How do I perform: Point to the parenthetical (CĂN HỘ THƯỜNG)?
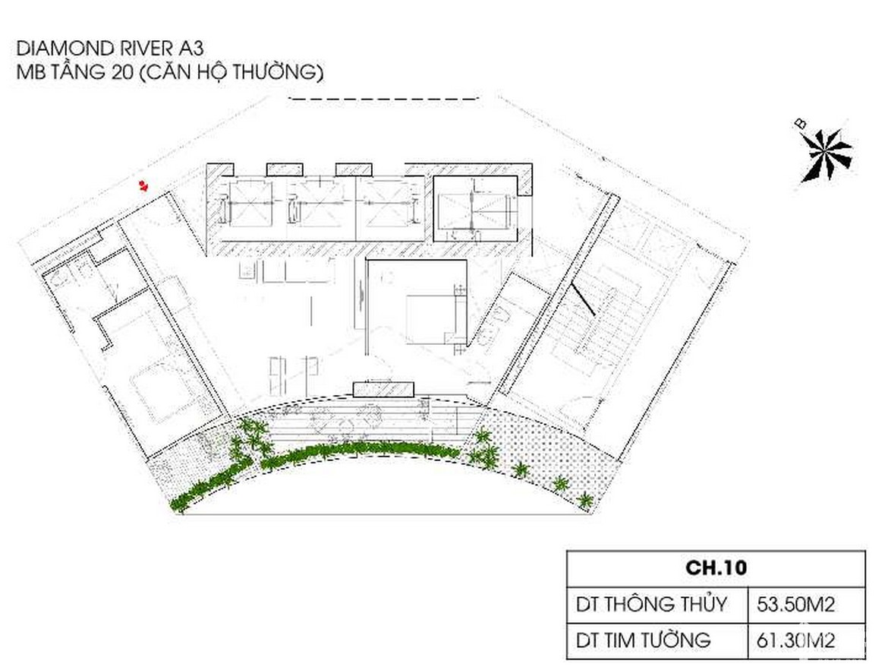231,72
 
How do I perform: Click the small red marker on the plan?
144,185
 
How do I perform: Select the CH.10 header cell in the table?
716,567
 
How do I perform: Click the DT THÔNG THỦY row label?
651,604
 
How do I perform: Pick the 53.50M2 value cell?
795,605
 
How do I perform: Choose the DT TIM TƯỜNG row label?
644,640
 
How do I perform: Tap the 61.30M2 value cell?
795,640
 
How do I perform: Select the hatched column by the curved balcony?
383,389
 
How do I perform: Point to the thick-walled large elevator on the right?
475,209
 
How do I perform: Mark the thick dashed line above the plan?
383,100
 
